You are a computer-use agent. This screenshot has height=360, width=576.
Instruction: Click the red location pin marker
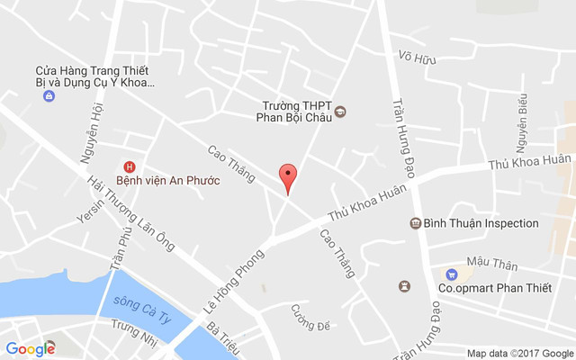288,178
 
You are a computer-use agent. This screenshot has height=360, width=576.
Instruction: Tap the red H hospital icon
130,166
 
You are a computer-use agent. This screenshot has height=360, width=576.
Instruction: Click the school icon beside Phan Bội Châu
340,112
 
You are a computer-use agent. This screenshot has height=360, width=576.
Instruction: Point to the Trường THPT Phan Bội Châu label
295,112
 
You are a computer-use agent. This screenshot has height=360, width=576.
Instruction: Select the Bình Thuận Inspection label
481,223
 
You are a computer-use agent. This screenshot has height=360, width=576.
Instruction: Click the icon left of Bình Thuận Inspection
415,223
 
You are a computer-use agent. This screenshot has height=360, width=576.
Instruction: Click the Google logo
30,348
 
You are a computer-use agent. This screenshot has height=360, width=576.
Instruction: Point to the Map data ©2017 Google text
519,353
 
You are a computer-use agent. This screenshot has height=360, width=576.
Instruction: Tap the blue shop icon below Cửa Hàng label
48,96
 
